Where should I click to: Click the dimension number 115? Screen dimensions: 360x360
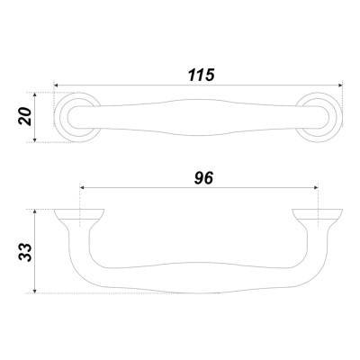202,75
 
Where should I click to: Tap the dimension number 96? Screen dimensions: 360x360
203,178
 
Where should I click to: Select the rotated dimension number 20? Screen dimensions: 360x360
25,116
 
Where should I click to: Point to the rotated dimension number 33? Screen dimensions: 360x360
25,252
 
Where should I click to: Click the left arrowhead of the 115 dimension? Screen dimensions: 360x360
56,85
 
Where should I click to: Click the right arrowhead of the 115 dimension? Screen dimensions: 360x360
340,85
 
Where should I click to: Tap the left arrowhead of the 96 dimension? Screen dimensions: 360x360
82,188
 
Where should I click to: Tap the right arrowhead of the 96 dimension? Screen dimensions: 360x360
316,188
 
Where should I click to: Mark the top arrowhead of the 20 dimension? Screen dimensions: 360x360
35,94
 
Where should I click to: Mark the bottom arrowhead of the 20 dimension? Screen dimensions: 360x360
35,139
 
